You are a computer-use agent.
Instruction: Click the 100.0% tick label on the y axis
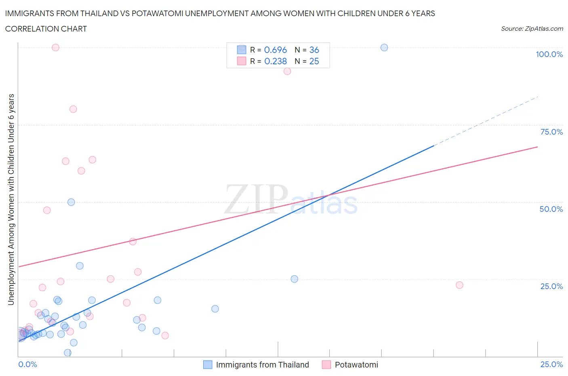(549, 55)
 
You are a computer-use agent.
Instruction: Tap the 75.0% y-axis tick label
(551, 132)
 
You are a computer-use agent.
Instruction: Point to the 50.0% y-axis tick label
(551, 209)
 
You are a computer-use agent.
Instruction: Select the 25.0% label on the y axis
(551, 287)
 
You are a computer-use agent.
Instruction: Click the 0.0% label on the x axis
(27, 365)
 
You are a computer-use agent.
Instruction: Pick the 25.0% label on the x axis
(551, 365)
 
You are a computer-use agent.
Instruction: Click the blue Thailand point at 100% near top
(384, 48)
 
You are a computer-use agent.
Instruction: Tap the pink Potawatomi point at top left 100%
(56, 48)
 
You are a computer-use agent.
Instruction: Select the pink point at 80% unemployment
(73, 109)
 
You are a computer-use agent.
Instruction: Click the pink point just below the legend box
(287, 71)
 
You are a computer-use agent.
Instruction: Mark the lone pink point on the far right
(459, 285)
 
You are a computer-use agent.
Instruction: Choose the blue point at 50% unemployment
(71, 202)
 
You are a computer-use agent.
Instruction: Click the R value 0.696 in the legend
(275, 50)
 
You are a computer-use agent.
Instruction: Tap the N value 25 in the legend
(314, 61)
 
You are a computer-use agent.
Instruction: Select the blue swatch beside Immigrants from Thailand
(208, 365)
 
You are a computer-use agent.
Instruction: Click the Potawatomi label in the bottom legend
(356, 365)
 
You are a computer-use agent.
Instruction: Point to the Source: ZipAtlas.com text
(532, 29)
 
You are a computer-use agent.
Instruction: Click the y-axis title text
(11, 199)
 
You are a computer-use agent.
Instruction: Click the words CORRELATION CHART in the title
(46, 29)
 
